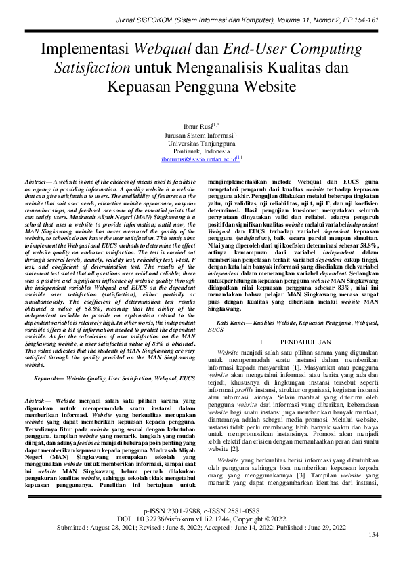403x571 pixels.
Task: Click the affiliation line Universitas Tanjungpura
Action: click(201, 143)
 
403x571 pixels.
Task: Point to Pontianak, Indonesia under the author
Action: click(201, 151)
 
